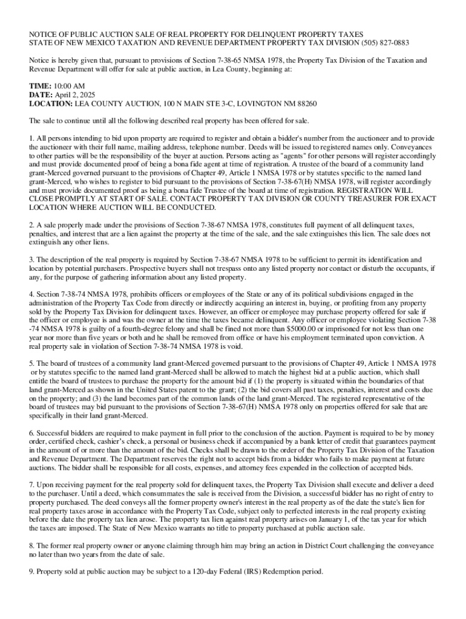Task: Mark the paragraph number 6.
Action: [x=31, y=433]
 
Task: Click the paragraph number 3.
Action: [x=31, y=259]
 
